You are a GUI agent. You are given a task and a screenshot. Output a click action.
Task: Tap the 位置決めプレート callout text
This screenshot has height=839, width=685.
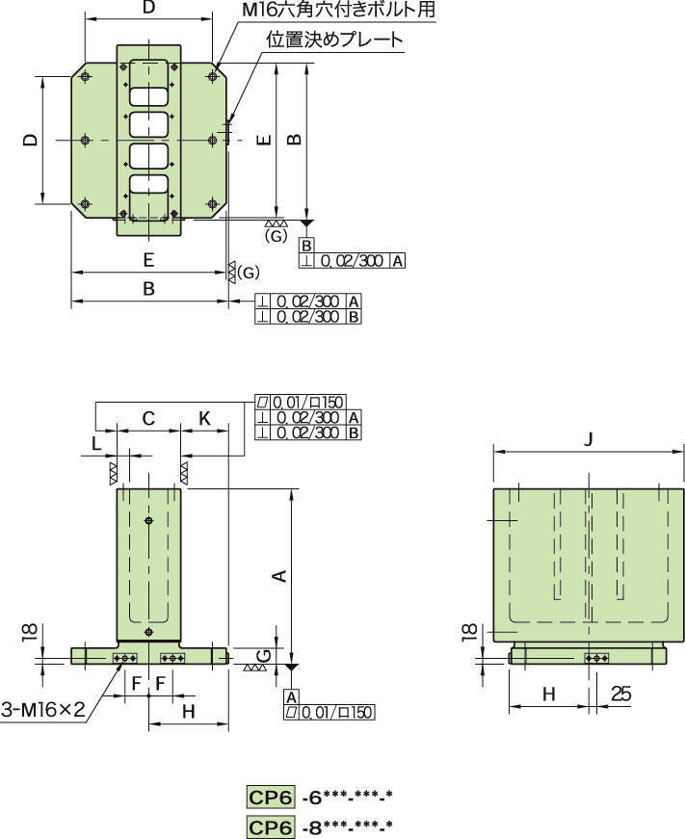pyautogui.click(x=334, y=40)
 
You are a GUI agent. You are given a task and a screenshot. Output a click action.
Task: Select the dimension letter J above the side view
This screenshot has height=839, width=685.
pyautogui.click(x=589, y=439)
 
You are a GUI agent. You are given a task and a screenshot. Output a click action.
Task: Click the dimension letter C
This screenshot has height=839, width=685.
pyautogui.click(x=148, y=418)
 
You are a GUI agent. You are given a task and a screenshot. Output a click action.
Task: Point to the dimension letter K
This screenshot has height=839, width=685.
pyautogui.click(x=204, y=418)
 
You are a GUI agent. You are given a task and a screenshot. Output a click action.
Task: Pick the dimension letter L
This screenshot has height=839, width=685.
pyautogui.click(x=96, y=444)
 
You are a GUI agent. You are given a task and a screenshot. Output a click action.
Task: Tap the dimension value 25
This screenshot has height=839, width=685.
pyautogui.click(x=620, y=694)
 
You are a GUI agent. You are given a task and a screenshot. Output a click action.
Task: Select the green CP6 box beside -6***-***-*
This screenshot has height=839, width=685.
pyautogui.click(x=271, y=797)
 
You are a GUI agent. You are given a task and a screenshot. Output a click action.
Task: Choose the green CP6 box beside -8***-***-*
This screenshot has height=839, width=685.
pyautogui.click(x=271, y=826)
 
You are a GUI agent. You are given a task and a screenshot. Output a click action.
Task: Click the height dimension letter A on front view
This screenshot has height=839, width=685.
pyautogui.click(x=278, y=576)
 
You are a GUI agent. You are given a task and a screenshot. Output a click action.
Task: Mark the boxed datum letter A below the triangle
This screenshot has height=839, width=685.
pyautogui.click(x=290, y=695)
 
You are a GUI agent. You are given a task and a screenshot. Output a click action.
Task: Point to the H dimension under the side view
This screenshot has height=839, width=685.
pyautogui.click(x=548, y=694)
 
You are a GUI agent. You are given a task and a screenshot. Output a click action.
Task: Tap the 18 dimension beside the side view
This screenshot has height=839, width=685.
pyautogui.click(x=468, y=632)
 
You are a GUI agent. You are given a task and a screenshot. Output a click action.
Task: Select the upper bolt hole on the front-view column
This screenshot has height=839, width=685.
pyautogui.click(x=148, y=521)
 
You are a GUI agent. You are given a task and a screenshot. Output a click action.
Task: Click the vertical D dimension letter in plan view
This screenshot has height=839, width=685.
pyautogui.click(x=31, y=140)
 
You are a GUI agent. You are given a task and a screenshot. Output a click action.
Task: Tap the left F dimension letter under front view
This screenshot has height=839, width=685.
pyautogui.click(x=137, y=683)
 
